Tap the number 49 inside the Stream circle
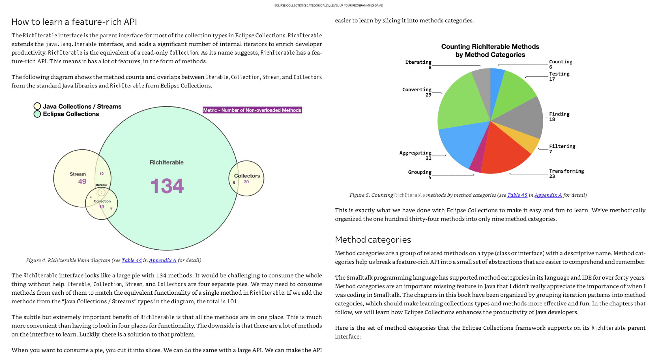point(82,181)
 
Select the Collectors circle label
point(247,176)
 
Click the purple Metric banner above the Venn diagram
point(252,110)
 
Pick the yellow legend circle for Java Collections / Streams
point(37,106)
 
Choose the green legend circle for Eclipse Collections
point(37,114)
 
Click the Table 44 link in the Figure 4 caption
point(132,260)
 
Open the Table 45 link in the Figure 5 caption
point(517,195)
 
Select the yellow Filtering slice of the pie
point(524,138)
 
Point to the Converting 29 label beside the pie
point(417,92)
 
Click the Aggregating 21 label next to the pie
point(415,155)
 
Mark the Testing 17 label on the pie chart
point(559,76)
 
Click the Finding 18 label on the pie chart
point(559,116)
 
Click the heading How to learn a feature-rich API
point(74,22)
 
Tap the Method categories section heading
point(373,240)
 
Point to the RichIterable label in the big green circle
point(166,162)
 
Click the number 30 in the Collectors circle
point(246,182)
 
